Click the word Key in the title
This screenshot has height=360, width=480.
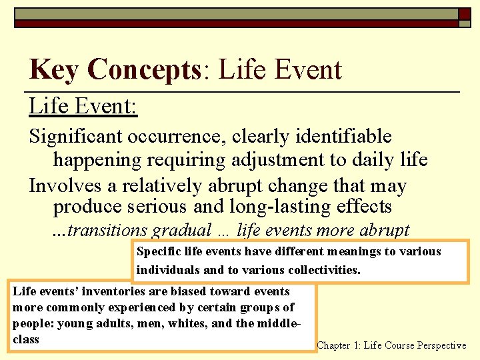tap(53, 70)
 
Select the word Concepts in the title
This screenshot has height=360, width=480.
tap(143, 70)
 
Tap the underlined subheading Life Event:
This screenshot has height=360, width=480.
tap(83, 105)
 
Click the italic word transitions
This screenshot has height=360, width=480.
tap(107, 230)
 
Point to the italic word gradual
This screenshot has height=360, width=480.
tap(182, 230)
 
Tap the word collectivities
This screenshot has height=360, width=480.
tap(323, 270)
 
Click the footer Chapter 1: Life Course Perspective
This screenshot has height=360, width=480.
tap(391, 345)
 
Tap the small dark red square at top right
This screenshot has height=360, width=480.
tap(464, 14)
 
